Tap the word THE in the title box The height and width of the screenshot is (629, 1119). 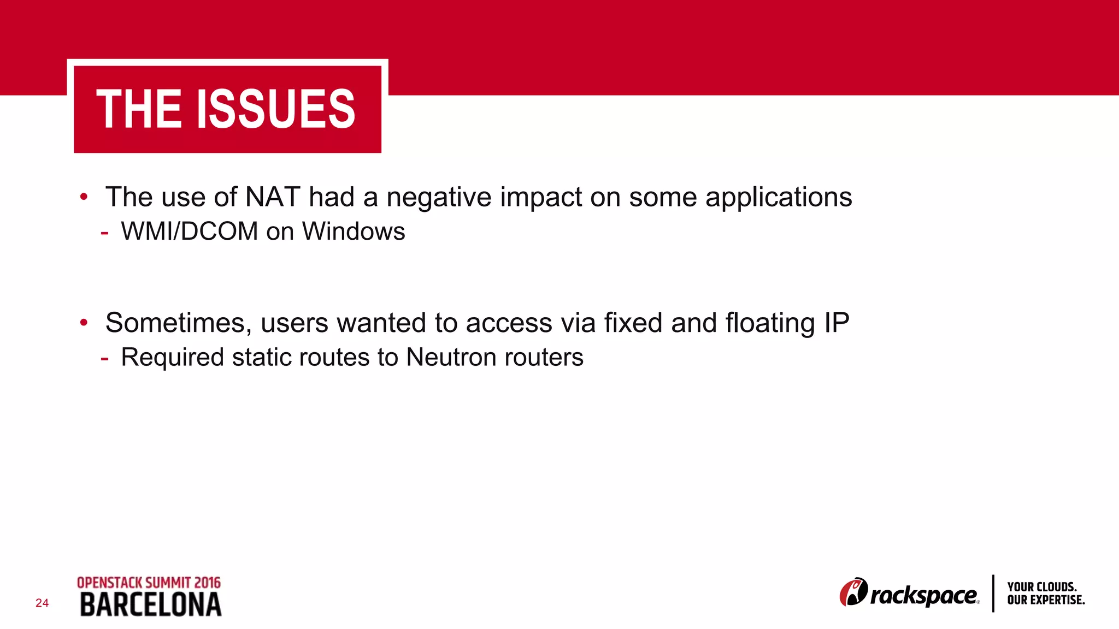click(x=139, y=109)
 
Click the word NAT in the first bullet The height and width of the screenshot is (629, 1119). click(x=273, y=197)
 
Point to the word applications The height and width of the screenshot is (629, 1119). click(x=779, y=197)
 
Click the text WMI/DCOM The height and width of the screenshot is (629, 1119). click(x=189, y=232)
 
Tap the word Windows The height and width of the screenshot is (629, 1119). click(x=354, y=232)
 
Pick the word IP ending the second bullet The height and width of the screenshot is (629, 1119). click(x=837, y=323)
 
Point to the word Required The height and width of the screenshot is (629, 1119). click(x=172, y=358)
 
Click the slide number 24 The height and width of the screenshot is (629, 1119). click(x=42, y=603)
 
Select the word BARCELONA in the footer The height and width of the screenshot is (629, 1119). click(x=151, y=605)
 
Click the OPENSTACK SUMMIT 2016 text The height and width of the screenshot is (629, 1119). click(x=149, y=583)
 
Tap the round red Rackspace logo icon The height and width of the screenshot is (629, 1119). click(x=853, y=592)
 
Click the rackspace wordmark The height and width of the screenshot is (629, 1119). click(x=924, y=596)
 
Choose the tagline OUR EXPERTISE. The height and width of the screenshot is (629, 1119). click(x=1046, y=600)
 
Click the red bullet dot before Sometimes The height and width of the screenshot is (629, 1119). click(x=84, y=323)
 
